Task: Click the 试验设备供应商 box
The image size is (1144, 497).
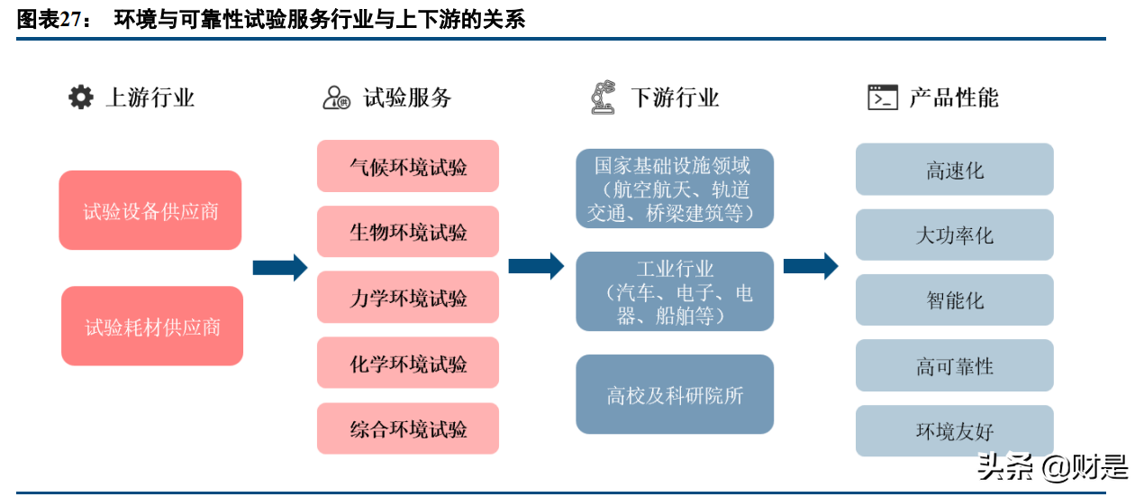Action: (150, 211)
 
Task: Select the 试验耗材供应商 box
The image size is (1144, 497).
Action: (152, 327)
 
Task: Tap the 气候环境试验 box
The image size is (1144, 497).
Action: (408, 167)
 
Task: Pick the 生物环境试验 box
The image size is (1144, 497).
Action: (408, 232)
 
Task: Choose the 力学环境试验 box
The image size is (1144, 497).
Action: (408, 298)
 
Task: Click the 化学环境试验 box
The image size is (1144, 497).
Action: (408, 364)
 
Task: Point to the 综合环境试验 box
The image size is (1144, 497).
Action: (408, 428)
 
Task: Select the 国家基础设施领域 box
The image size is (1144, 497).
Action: (675, 189)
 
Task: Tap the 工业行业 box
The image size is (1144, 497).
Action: (675, 292)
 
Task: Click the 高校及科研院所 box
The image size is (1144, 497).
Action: (675, 395)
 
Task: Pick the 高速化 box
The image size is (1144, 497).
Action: (954, 170)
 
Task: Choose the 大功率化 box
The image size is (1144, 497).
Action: (954, 235)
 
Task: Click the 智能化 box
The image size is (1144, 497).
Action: (954, 300)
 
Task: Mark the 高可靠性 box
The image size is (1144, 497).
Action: (954, 366)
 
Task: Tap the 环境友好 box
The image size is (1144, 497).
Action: (954, 431)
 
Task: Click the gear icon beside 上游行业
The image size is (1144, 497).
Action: (81, 97)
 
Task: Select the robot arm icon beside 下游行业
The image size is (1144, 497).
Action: (603, 97)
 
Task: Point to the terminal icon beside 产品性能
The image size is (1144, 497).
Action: (882, 97)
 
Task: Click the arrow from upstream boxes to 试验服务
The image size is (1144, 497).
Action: (279, 267)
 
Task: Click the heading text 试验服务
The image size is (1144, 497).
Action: (407, 97)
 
